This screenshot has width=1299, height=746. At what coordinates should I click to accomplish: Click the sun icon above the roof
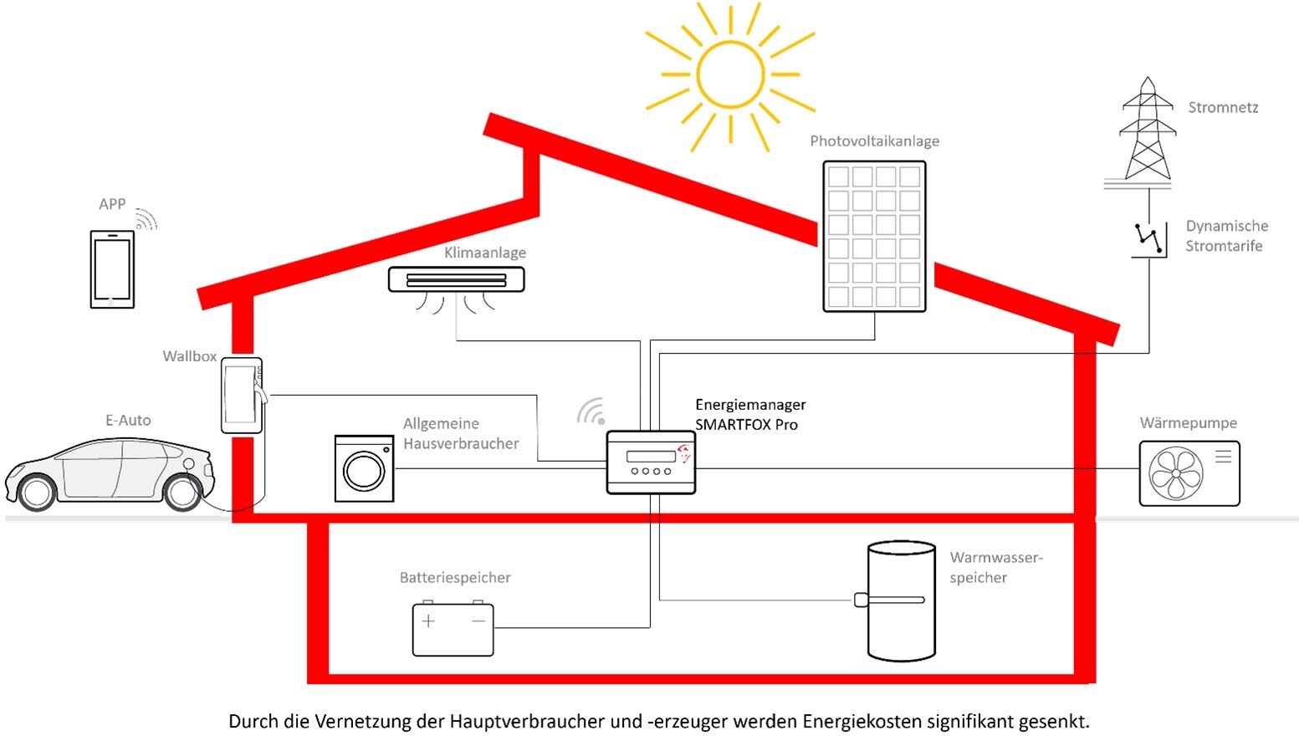point(731,74)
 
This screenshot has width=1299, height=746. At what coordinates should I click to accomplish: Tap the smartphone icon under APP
point(112,269)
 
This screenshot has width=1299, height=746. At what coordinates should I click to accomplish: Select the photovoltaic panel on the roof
point(875,237)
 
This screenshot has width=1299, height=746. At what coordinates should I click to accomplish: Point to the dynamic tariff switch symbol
point(1148,239)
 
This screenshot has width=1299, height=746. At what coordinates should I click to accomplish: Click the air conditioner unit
point(457,279)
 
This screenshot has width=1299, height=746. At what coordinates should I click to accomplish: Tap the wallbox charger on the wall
point(243,395)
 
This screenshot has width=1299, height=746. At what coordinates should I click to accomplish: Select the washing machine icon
point(364,468)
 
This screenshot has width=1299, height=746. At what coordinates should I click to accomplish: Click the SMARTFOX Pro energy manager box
point(651,462)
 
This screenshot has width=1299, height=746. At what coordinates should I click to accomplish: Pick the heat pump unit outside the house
point(1189,473)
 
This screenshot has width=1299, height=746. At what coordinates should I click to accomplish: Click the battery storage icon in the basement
point(453,628)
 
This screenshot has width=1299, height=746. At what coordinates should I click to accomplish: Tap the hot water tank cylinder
point(901,601)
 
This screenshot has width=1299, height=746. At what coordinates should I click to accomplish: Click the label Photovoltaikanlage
point(875,141)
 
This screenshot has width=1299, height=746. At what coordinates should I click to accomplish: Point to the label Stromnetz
point(1223,107)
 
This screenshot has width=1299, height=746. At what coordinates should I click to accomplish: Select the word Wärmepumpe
point(1189,423)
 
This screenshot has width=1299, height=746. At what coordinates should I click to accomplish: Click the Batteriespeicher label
point(455,577)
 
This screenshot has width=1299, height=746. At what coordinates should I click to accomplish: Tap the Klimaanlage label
point(485,253)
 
